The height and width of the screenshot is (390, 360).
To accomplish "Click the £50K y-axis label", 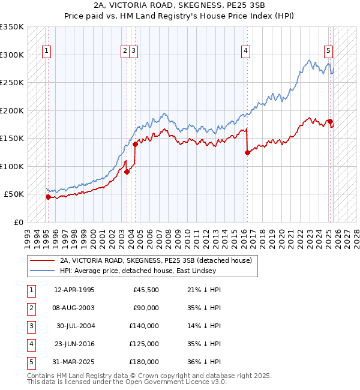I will click(14, 194).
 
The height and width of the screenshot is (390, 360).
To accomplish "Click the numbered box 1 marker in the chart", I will click(47, 52).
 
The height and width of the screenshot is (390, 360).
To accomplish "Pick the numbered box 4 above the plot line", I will click(246, 52).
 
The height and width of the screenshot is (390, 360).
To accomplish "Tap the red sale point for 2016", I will click(247, 152).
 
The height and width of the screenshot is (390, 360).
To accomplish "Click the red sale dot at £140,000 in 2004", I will click(135, 144).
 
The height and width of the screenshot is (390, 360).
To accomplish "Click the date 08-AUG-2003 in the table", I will click(74, 308).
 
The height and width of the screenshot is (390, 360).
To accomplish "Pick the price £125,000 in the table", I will click(143, 344).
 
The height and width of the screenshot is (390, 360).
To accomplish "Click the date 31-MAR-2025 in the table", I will click(74, 362).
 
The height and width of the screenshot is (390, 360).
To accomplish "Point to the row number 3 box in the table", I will click(29, 326).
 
